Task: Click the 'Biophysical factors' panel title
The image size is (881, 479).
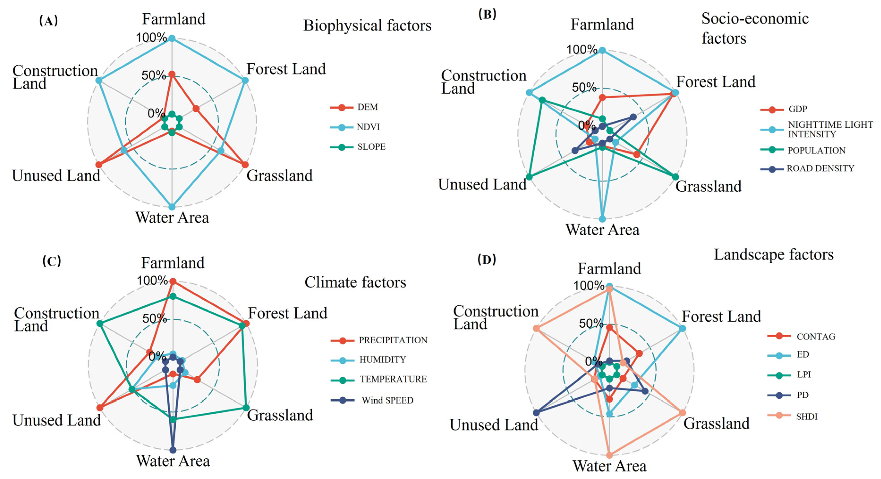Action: click(x=367, y=26)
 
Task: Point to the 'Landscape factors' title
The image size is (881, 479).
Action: click(x=774, y=255)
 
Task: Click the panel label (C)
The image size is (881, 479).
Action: click(x=52, y=261)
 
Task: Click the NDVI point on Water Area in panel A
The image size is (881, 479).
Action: click(x=172, y=207)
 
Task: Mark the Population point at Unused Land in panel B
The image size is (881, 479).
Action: click(x=529, y=177)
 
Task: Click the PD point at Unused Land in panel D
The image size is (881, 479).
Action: click(x=536, y=413)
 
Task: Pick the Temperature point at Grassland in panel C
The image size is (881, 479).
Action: click(x=246, y=408)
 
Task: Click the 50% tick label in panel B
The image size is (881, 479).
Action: click(x=583, y=88)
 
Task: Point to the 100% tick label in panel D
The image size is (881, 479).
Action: click(x=589, y=286)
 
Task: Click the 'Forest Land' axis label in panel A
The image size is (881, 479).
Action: click(x=286, y=69)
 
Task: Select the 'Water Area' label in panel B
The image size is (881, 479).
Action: click(x=602, y=230)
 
